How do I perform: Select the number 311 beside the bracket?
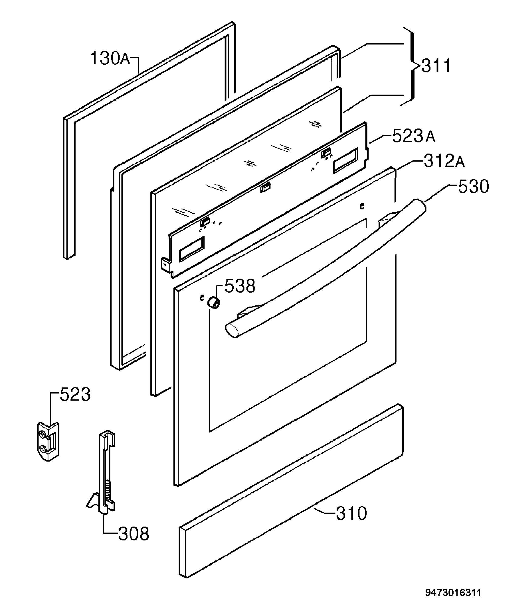click(x=436, y=66)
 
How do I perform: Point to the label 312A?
click(x=444, y=161)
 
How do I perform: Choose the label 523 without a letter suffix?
click(x=75, y=394)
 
